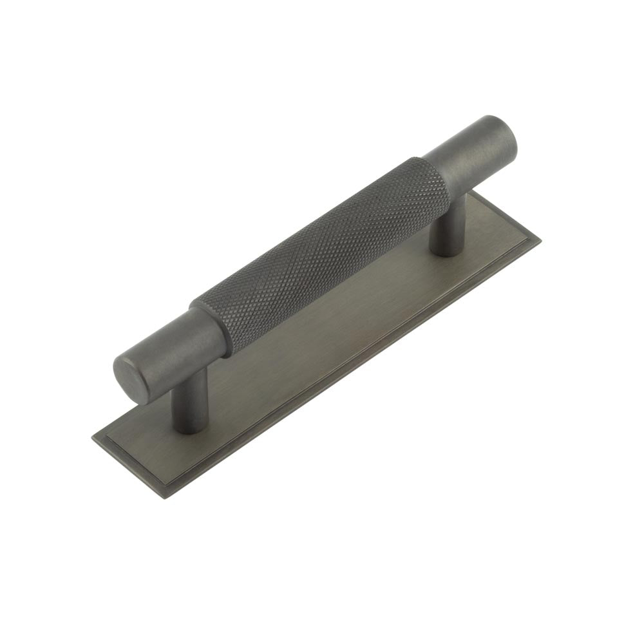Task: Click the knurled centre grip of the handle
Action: [x=322, y=254]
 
